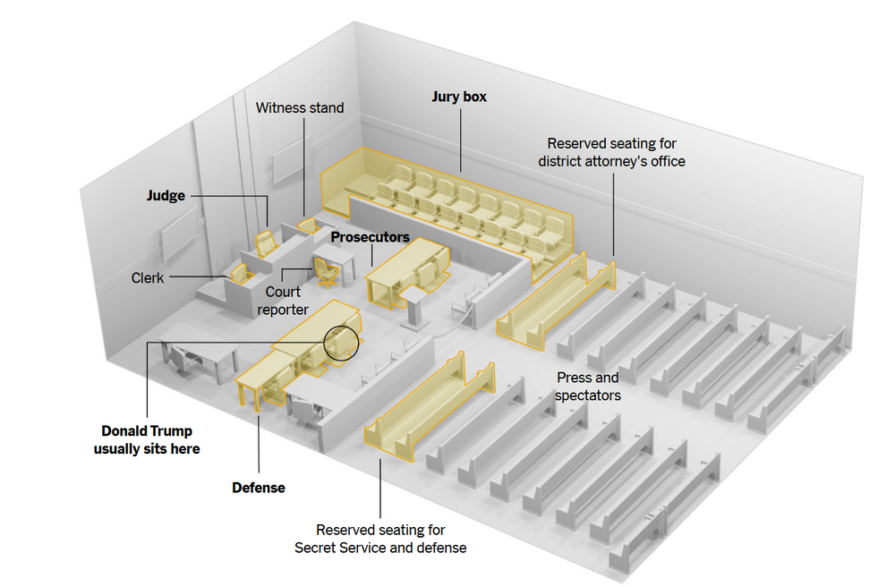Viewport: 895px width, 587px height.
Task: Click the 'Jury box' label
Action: pos(459,97)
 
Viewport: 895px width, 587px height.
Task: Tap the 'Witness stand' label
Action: pos(299,108)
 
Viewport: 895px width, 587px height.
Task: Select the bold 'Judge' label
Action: pos(166,195)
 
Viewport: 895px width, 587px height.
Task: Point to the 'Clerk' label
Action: pos(148,278)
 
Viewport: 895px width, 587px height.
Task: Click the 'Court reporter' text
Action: pos(283,301)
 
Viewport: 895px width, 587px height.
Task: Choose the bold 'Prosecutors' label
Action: pos(370,238)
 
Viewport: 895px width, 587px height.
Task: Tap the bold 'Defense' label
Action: pos(259,488)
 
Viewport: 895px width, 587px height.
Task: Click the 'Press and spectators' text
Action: pos(587,386)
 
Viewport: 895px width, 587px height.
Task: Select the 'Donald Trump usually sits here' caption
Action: pos(146,439)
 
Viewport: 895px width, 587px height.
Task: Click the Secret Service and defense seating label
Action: pos(380,539)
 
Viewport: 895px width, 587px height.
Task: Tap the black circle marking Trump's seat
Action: pos(340,343)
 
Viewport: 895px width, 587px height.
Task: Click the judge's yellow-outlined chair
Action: pos(266,242)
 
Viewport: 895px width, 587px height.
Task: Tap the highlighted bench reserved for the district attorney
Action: pos(555,300)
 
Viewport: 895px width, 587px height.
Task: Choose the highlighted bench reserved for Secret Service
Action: pos(430,407)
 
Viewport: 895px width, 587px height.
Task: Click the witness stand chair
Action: pos(307,225)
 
